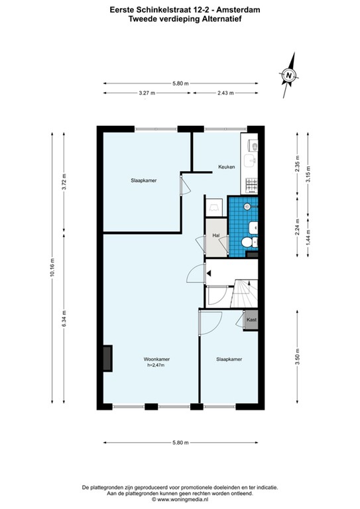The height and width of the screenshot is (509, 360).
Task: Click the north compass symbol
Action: [288, 75]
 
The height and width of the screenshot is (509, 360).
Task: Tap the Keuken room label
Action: [227, 167]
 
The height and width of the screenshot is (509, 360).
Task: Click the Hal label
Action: [215, 235]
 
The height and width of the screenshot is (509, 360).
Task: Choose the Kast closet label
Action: [251, 320]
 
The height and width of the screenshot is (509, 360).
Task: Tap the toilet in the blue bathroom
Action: [247, 244]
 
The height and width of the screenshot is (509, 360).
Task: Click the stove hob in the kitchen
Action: [251, 184]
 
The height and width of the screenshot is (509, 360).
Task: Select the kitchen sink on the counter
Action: [251, 160]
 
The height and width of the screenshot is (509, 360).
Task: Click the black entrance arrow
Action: [208, 272]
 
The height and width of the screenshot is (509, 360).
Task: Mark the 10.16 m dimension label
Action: [52, 268]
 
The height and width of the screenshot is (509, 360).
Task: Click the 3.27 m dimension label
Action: [147, 93]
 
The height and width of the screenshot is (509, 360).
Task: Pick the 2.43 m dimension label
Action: [225, 93]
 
